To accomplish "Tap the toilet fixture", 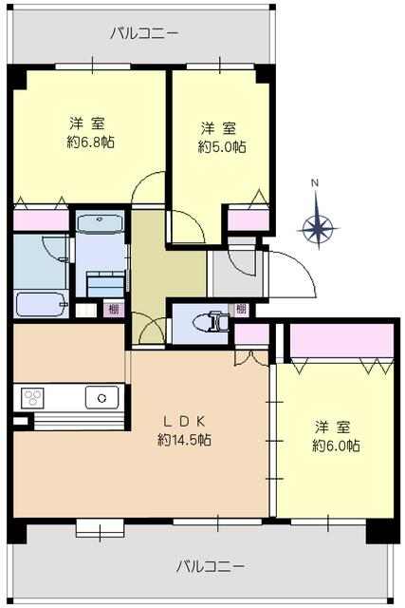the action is click(x=212, y=323).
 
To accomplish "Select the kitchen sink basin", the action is click(x=101, y=397).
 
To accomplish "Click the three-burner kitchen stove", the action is click(x=33, y=398).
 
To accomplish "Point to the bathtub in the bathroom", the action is click(x=41, y=305).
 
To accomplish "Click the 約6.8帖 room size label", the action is click(x=91, y=142).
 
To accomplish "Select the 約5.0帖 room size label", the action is click(x=222, y=146).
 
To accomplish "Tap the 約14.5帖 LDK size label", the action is click(x=184, y=440).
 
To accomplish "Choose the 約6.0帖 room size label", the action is click(x=336, y=446).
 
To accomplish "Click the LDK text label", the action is click(x=184, y=420).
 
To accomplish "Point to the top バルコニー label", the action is click(x=144, y=33).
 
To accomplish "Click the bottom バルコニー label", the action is click(x=211, y=567).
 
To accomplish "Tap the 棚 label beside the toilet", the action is click(x=241, y=310).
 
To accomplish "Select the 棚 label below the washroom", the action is click(x=114, y=310).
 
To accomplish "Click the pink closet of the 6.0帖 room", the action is click(x=341, y=340).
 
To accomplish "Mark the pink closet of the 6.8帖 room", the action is click(x=41, y=220).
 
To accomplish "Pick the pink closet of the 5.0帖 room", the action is click(x=248, y=219).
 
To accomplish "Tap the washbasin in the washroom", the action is click(x=101, y=223).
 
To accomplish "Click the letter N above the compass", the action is click(x=316, y=182).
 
